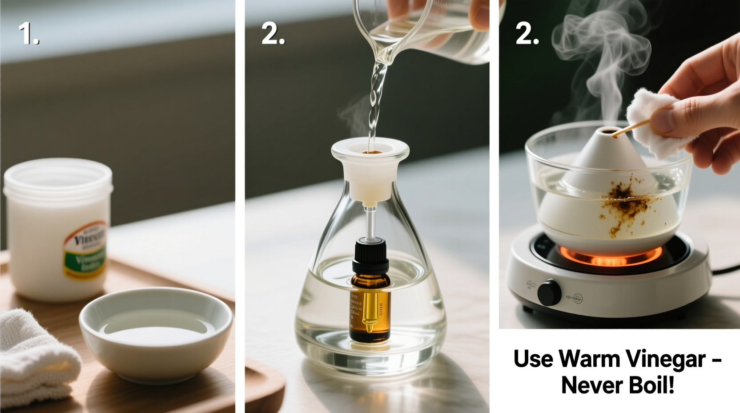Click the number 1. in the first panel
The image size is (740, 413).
[28, 34]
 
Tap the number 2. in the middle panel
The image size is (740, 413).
[273, 34]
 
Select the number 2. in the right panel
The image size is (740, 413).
[527, 34]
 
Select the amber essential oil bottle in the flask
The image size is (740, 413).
[370, 307]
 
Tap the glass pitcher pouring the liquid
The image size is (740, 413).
[427, 31]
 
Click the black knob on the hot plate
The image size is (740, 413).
[549, 292]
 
